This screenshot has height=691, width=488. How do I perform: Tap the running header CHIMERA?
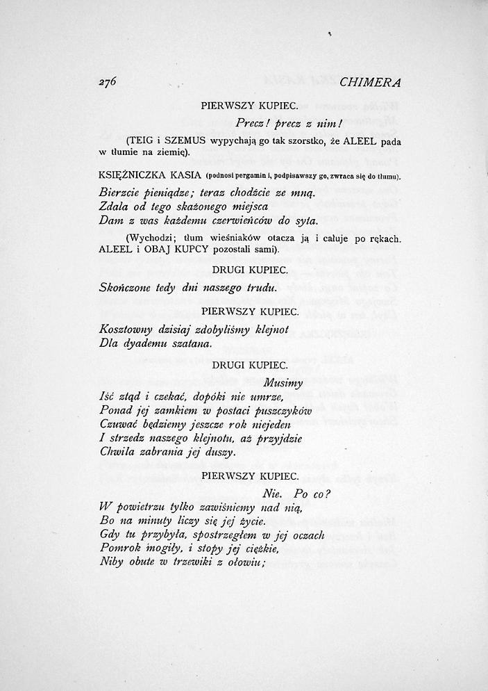[371, 82]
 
